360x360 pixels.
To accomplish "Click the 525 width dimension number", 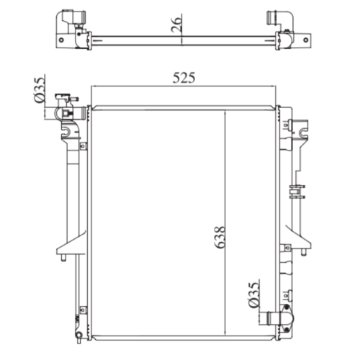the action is coord(184,78).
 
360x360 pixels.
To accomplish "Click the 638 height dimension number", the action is coord(220,237).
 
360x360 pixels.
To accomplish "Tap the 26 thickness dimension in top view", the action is coord(176,24).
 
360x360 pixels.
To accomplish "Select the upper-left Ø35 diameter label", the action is coord(40,89).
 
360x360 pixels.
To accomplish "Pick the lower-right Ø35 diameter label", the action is coord(254,295).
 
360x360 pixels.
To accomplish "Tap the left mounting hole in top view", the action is coord(61,40).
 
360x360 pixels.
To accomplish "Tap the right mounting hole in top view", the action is coord(305,40).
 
